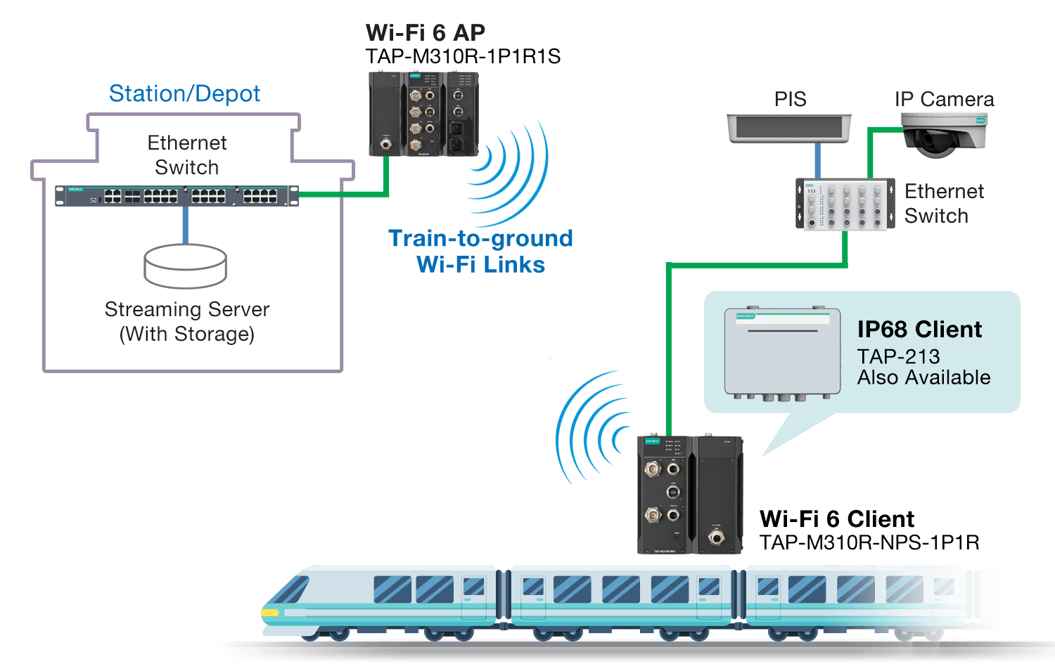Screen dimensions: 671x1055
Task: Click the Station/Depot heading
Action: click(x=185, y=93)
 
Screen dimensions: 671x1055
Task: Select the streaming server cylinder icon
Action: click(x=185, y=266)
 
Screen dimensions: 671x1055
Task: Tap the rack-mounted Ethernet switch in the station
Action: click(x=177, y=196)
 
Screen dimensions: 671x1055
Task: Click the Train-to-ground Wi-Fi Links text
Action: click(x=481, y=251)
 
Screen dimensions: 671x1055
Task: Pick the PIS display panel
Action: click(x=789, y=129)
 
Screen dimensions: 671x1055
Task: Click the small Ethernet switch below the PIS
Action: click(x=845, y=204)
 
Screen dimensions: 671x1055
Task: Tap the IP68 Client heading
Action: click(x=919, y=329)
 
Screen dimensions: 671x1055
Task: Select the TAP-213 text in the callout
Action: click(x=898, y=356)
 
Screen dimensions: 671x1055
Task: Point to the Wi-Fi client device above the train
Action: click(x=690, y=495)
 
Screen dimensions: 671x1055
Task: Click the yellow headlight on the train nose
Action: click(x=270, y=613)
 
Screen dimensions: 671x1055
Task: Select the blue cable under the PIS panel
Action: click(x=817, y=161)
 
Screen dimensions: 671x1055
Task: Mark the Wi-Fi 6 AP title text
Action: click(x=426, y=32)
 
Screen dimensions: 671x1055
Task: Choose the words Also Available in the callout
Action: click(x=923, y=378)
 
